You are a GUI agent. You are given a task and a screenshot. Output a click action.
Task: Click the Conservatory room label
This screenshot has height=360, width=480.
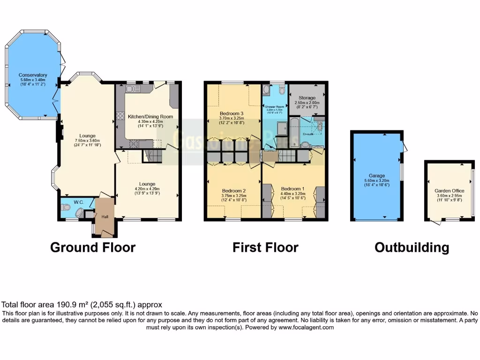click(x=33, y=75)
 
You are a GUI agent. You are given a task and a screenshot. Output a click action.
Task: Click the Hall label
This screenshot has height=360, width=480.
click(x=105, y=216)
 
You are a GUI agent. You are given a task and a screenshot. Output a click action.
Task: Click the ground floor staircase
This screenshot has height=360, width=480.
click(x=152, y=155)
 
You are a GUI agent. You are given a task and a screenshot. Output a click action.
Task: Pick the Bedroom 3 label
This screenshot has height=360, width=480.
click(x=232, y=114)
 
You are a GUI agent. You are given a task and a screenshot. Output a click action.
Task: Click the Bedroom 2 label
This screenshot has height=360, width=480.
click(x=234, y=191)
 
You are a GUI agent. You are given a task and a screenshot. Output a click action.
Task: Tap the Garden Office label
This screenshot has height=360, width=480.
click(x=449, y=191)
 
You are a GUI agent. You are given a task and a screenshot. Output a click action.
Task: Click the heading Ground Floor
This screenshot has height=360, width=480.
click(x=93, y=247)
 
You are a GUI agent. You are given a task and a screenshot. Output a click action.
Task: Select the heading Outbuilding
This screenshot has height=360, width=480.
click(x=412, y=247)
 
